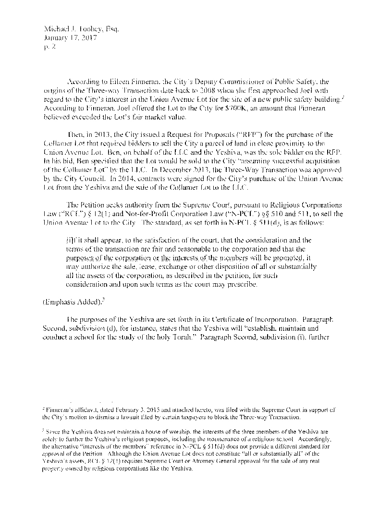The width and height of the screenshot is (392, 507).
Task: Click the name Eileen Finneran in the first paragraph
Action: coord(131,82)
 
